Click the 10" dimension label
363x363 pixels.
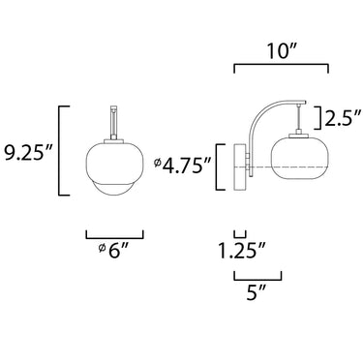pos(282,51)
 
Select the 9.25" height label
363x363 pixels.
pos(28,152)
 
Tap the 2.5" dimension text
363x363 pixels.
pos(343,118)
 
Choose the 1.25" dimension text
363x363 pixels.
pos(242,251)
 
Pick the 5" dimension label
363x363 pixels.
pos(257,292)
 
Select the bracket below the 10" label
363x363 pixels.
pos(281,65)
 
